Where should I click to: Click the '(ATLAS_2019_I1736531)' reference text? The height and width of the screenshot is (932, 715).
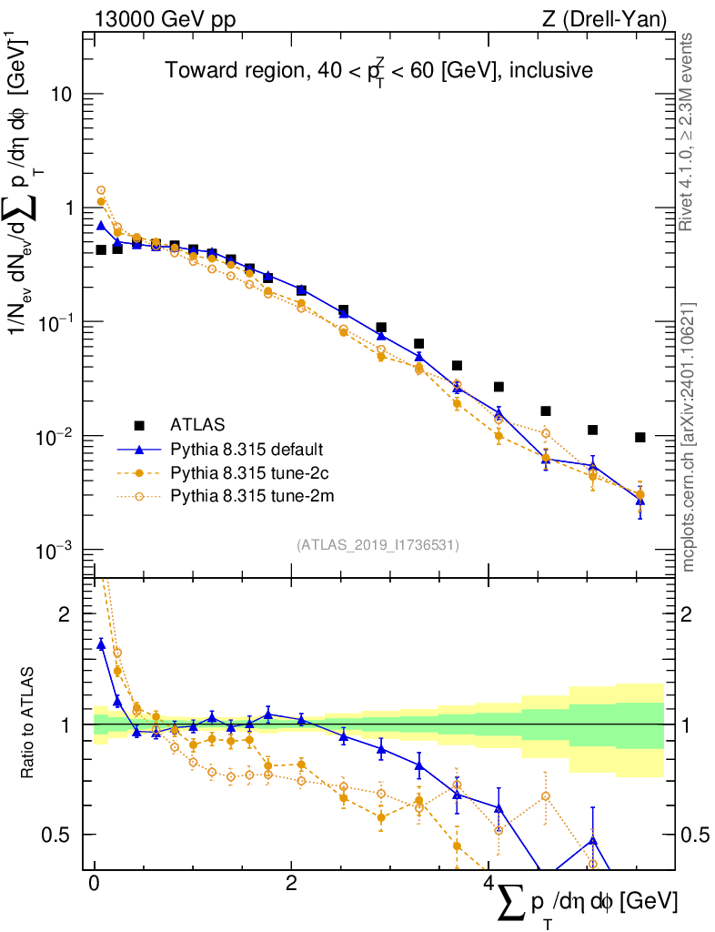(x=378, y=545)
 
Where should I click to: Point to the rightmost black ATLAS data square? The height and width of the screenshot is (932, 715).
(x=640, y=438)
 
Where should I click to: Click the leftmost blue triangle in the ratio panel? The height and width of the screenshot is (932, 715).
(x=101, y=644)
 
